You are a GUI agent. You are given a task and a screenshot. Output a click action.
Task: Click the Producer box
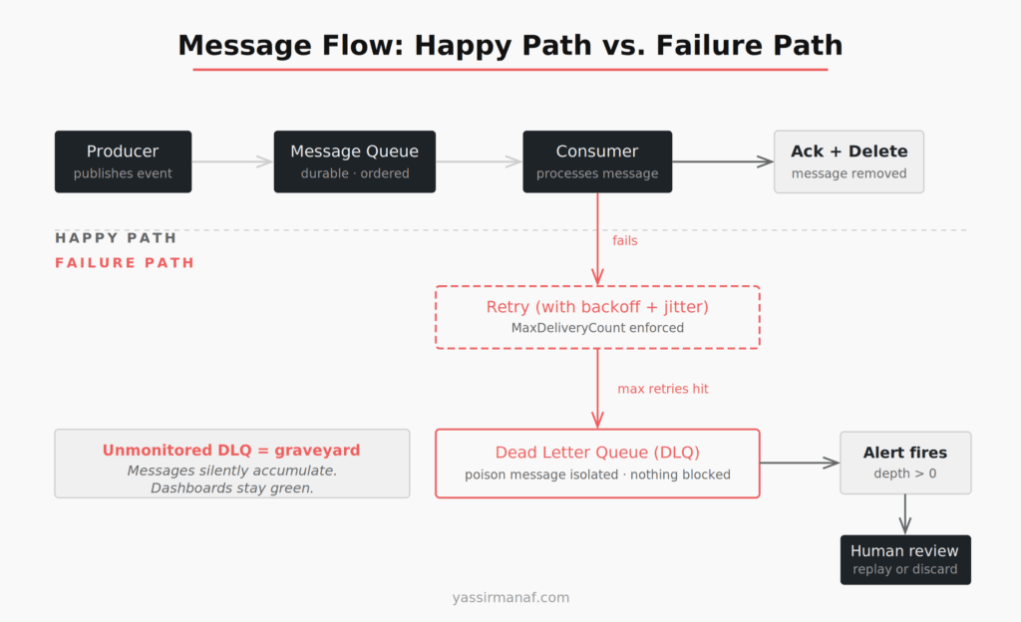[123, 161]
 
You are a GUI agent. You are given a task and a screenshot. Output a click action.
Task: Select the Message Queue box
[354, 161]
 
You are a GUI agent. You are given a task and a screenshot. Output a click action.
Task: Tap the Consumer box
[597, 161]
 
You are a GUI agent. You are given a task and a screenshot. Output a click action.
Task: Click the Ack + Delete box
[849, 161]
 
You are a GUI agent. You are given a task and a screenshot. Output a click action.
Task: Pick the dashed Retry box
[597, 317]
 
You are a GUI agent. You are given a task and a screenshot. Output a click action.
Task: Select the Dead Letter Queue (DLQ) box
[597, 464]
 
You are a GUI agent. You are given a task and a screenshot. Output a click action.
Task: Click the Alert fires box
[904, 463]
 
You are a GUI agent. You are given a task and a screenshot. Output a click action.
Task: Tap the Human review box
[904, 559]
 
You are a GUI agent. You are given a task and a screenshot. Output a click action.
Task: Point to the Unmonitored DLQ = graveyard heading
[231, 451]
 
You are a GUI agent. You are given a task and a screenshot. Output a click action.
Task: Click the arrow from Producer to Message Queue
[232, 161]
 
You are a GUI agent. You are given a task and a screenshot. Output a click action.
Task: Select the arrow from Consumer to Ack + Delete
[723, 161]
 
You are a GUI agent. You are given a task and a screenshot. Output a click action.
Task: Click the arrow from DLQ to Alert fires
[800, 463]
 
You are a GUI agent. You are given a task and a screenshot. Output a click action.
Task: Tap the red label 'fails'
[625, 240]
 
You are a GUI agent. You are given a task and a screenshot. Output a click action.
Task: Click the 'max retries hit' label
[663, 389]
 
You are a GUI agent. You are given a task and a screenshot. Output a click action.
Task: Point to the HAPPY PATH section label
[116, 238]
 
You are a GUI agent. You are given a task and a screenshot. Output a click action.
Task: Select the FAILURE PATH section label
[125, 263]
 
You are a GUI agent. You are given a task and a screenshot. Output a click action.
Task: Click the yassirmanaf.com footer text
[510, 598]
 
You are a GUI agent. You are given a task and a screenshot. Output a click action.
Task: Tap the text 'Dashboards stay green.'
[231, 487]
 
